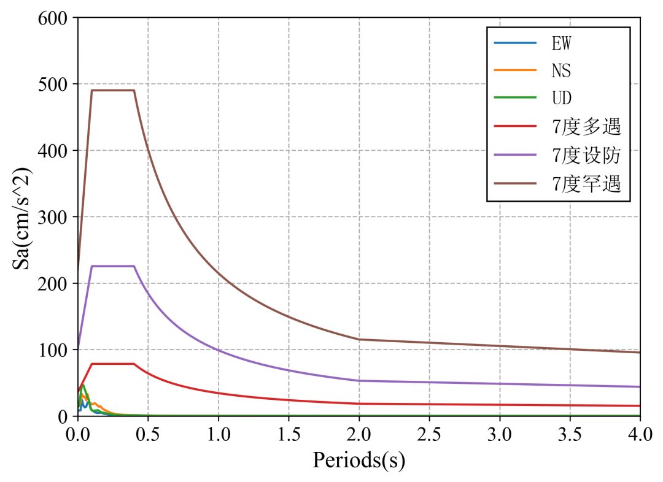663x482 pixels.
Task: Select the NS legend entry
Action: pyautogui.click(x=561, y=71)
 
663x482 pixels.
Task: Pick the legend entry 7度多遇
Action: pyautogui.click(x=586, y=127)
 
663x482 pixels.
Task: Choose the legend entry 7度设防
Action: pyautogui.click(x=586, y=155)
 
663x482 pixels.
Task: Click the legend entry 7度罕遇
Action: pyautogui.click(x=586, y=183)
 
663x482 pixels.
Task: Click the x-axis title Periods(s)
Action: pyautogui.click(x=359, y=460)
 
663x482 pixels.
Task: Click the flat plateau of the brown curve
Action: pyautogui.click(x=112, y=90)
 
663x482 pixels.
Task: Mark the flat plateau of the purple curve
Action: pyautogui.click(x=112, y=266)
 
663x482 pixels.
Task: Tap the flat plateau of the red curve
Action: pyautogui.click(x=112, y=364)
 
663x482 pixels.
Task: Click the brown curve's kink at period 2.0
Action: pyautogui.click(x=359, y=339)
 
